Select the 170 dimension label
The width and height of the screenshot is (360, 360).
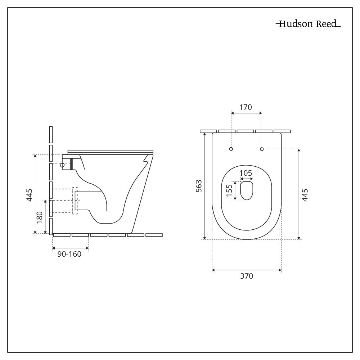tap(246, 107)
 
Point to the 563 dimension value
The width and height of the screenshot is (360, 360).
tap(198, 186)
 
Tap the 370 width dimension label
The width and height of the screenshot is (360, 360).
tap(247, 276)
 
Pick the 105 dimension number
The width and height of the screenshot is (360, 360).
tap(246, 173)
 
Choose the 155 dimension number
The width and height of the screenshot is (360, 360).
tap(229, 191)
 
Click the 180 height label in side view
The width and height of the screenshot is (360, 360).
tap(40, 217)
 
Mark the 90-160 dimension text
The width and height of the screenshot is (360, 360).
tap(69, 254)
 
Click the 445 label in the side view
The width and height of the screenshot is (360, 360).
tap(30, 195)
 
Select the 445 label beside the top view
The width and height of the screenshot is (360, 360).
tap(305, 195)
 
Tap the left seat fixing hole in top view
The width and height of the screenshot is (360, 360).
tap(231, 149)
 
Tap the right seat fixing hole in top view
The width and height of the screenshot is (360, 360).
tap(262, 149)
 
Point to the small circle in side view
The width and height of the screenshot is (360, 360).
tap(62, 165)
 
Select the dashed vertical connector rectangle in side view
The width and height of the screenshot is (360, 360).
tap(75, 201)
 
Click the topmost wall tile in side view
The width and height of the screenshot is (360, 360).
tap(51, 134)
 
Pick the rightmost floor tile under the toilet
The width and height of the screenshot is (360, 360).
tap(154, 235)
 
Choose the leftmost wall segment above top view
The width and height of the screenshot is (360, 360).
tap(208, 131)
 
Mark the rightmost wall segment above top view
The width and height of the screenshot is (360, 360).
tap(282, 131)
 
